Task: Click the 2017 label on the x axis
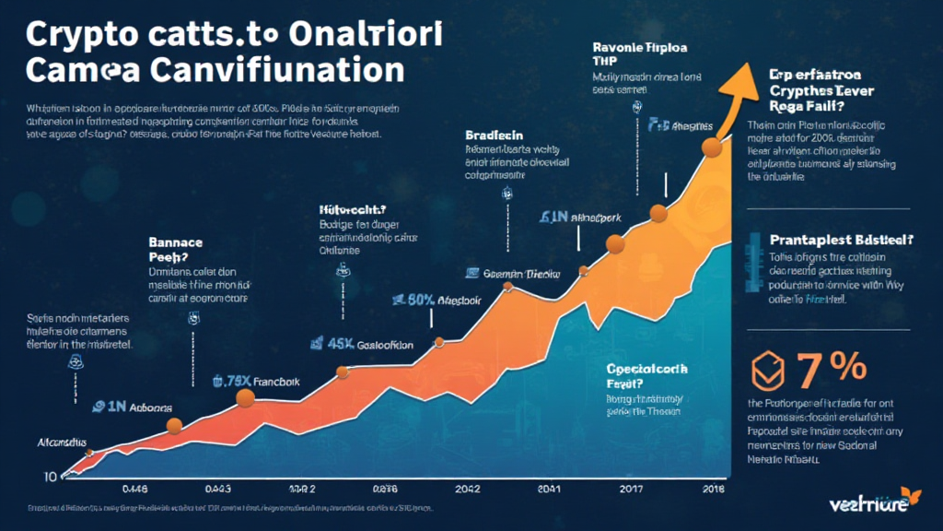click(633, 489)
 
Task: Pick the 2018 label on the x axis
click(713, 489)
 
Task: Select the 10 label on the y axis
click(52, 477)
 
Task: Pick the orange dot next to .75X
click(245, 398)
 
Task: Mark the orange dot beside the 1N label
click(173, 425)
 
